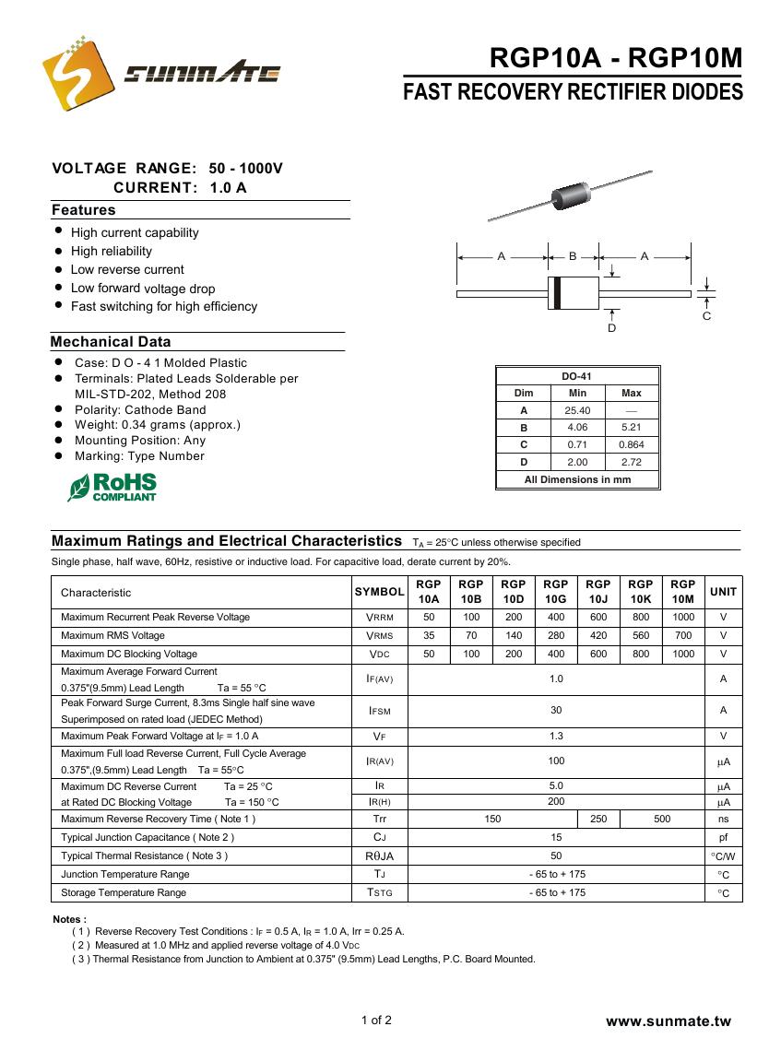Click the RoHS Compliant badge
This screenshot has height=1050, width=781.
tap(112, 487)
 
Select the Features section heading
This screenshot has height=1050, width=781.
tap(84, 210)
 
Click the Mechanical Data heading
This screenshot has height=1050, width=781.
tap(111, 342)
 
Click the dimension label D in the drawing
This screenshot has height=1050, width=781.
tap(611, 328)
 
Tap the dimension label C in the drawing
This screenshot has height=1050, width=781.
tap(706, 316)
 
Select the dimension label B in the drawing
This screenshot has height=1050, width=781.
tap(573, 255)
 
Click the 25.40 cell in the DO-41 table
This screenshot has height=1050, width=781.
tap(577, 410)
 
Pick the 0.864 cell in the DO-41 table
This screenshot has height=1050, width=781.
tap(632, 444)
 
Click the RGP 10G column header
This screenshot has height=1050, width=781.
tap(555, 592)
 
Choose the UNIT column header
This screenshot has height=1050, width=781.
tap(723, 592)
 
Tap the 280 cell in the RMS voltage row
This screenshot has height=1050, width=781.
tap(555, 635)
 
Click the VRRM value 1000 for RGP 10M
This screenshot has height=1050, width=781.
tap(682, 617)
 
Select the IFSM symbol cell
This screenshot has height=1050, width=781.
tap(379, 711)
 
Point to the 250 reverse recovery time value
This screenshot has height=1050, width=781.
tap(598, 819)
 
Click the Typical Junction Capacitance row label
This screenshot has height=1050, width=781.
tap(148, 837)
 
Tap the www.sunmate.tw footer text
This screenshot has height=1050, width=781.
tap(668, 1021)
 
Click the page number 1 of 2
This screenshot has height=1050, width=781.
tap(376, 1020)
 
